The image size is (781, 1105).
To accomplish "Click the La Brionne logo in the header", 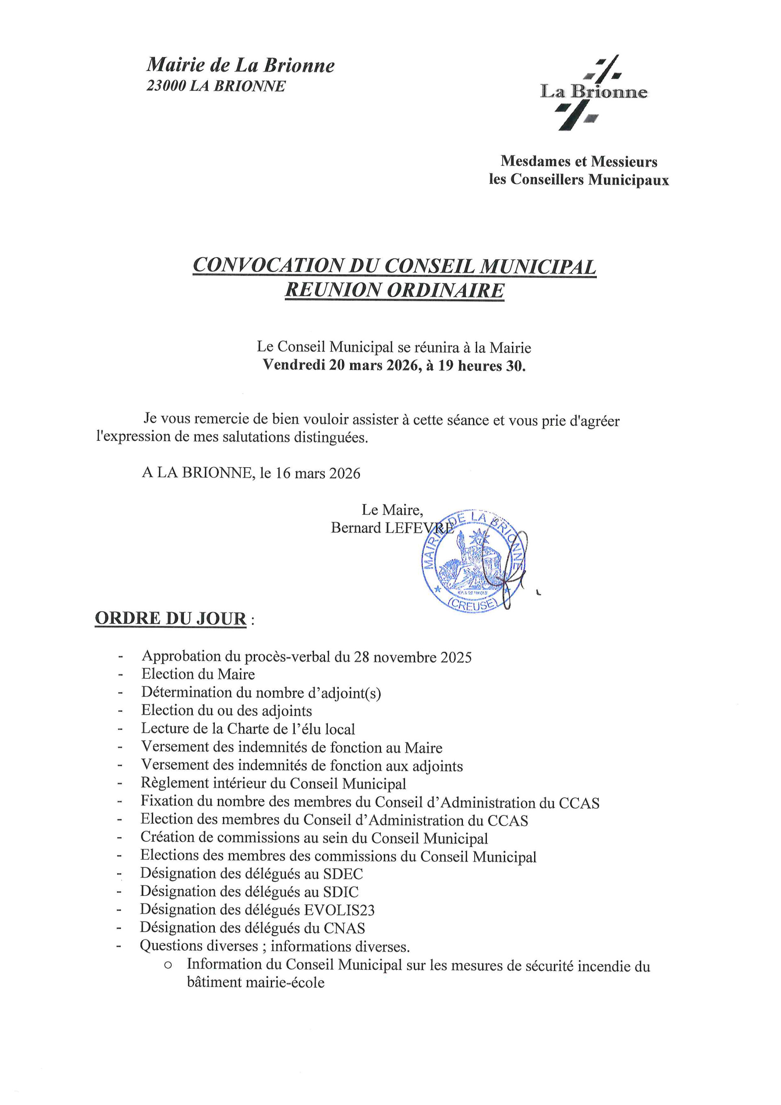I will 593,92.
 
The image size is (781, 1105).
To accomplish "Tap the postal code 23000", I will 166,86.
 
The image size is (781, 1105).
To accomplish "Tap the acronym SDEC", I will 343,873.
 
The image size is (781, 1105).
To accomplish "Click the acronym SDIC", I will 341,892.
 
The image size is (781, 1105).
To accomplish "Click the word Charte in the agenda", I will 250,729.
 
